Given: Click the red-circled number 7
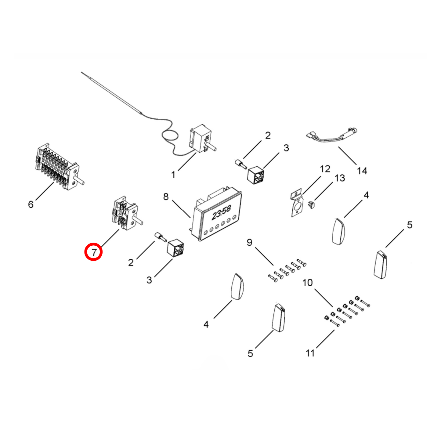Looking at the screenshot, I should click(x=94, y=252).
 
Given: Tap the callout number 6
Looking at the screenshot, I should click(x=31, y=204).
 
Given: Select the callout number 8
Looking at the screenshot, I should click(x=166, y=197).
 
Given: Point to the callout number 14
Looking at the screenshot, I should click(x=362, y=171).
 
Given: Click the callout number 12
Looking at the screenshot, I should click(x=325, y=169).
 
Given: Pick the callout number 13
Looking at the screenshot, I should click(x=340, y=178).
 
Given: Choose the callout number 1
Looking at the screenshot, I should click(x=173, y=175).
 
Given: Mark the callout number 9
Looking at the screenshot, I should click(x=250, y=242).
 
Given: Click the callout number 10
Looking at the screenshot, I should click(x=308, y=283).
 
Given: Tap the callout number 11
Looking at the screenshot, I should click(x=310, y=353).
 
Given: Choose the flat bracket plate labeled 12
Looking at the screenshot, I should click(x=297, y=204).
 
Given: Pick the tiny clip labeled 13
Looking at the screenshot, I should click(x=311, y=205).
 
